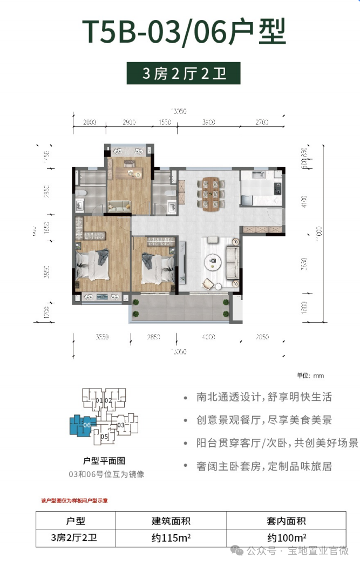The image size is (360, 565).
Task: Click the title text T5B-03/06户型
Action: click(x=183, y=32)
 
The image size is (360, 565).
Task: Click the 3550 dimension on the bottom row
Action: click(x=102, y=337)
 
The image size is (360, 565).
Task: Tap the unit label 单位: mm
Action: click(x=310, y=376)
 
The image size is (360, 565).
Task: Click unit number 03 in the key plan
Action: click(x=121, y=425)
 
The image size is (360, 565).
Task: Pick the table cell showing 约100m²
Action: click(x=287, y=537)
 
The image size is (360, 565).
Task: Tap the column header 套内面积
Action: click(x=287, y=521)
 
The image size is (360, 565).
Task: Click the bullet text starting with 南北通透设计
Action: click(x=264, y=397)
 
